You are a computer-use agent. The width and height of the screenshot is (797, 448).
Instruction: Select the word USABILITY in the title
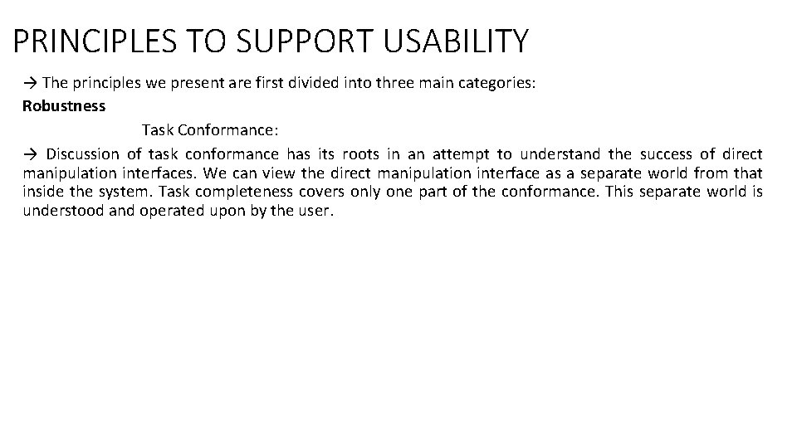click(453, 41)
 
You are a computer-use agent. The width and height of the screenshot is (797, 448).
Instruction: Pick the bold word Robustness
click(64, 106)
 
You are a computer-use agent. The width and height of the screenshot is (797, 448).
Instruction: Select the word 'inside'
click(42, 192)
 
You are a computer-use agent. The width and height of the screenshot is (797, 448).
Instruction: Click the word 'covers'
click(319, 192)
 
